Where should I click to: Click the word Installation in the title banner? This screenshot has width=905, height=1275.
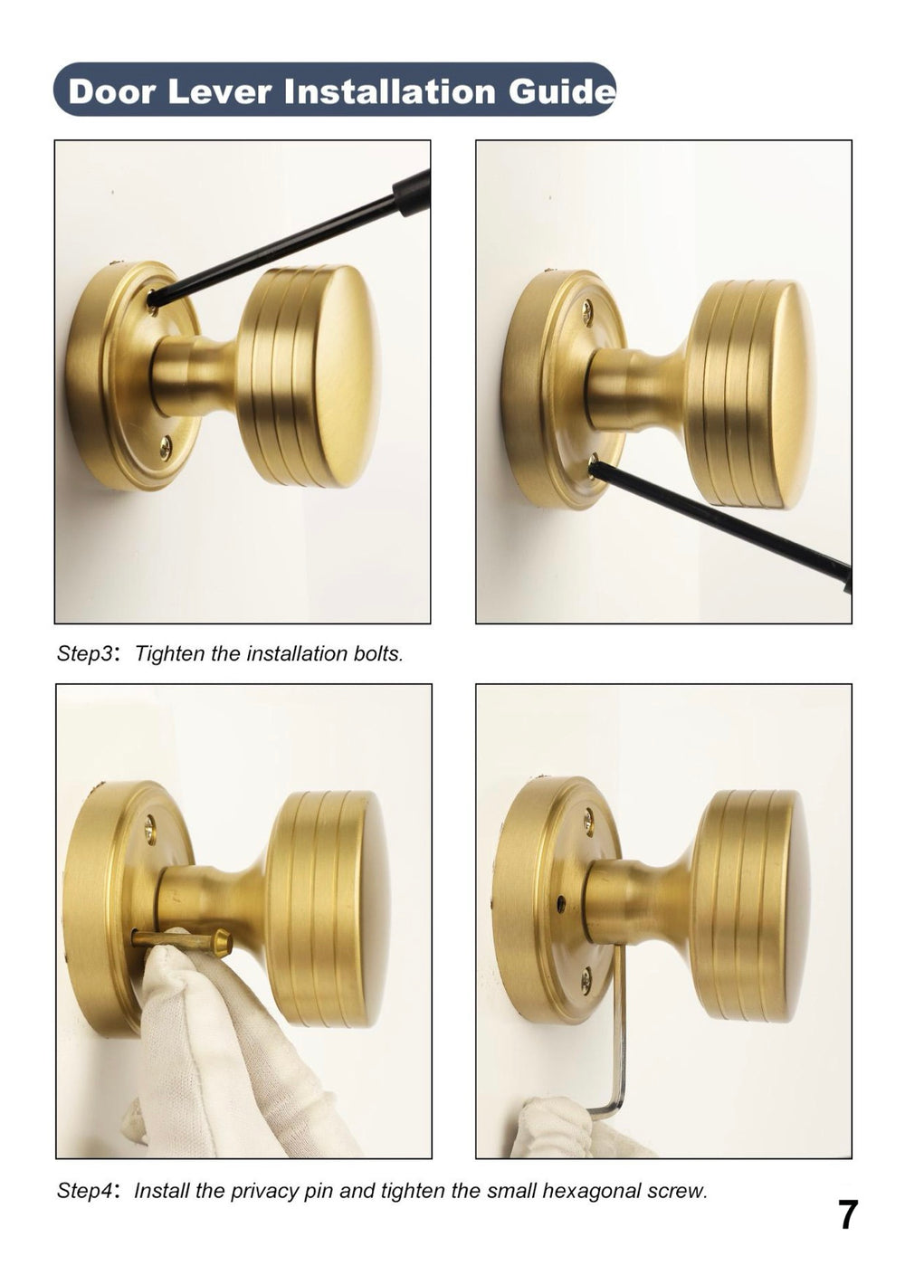392,91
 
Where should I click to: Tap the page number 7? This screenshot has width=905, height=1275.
846,1214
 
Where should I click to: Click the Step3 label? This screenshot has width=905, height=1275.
84,653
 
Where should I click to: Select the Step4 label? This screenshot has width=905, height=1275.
84,1191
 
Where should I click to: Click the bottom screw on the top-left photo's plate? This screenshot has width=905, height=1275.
166,443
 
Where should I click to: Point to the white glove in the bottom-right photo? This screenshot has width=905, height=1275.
552,1127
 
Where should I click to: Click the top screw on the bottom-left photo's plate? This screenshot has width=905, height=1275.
150,824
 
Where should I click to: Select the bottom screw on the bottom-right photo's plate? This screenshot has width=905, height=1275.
586,975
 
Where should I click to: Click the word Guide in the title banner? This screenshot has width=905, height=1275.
561,91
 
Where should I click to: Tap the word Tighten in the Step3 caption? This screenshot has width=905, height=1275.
169,653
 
